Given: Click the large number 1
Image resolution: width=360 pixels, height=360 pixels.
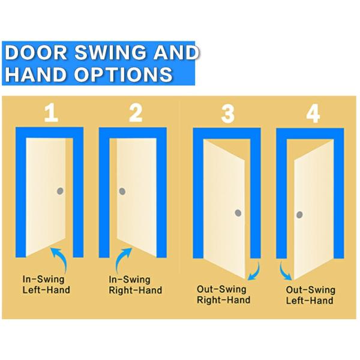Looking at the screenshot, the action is coord(51,113).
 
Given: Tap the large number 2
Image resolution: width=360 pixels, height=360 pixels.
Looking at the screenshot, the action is coord(136,113).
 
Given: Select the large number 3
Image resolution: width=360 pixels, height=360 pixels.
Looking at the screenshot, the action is coord(228,114).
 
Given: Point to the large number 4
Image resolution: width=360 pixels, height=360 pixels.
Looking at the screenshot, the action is coord(313,114).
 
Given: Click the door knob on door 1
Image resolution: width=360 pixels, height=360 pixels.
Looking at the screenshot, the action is coord(60,191).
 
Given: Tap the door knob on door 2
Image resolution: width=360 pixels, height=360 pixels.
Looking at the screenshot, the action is coord(122,191).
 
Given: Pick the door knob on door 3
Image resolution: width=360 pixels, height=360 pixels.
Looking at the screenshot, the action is coord(238,213).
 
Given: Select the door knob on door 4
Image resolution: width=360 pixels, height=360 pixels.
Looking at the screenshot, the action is coord(299,215).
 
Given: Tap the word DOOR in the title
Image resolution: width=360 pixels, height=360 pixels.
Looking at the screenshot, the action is coord(36,52).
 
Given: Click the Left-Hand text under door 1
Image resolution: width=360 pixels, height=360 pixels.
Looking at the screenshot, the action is coord(46,290).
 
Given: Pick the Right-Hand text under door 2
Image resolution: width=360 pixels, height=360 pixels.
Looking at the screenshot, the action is coord(135,290).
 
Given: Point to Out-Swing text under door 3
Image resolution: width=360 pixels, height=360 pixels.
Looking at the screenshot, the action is coord(221,289).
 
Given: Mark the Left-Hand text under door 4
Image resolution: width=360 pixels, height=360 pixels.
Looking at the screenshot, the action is coord(310,301).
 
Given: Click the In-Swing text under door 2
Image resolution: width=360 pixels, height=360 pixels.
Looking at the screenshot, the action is coord(130,280).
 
